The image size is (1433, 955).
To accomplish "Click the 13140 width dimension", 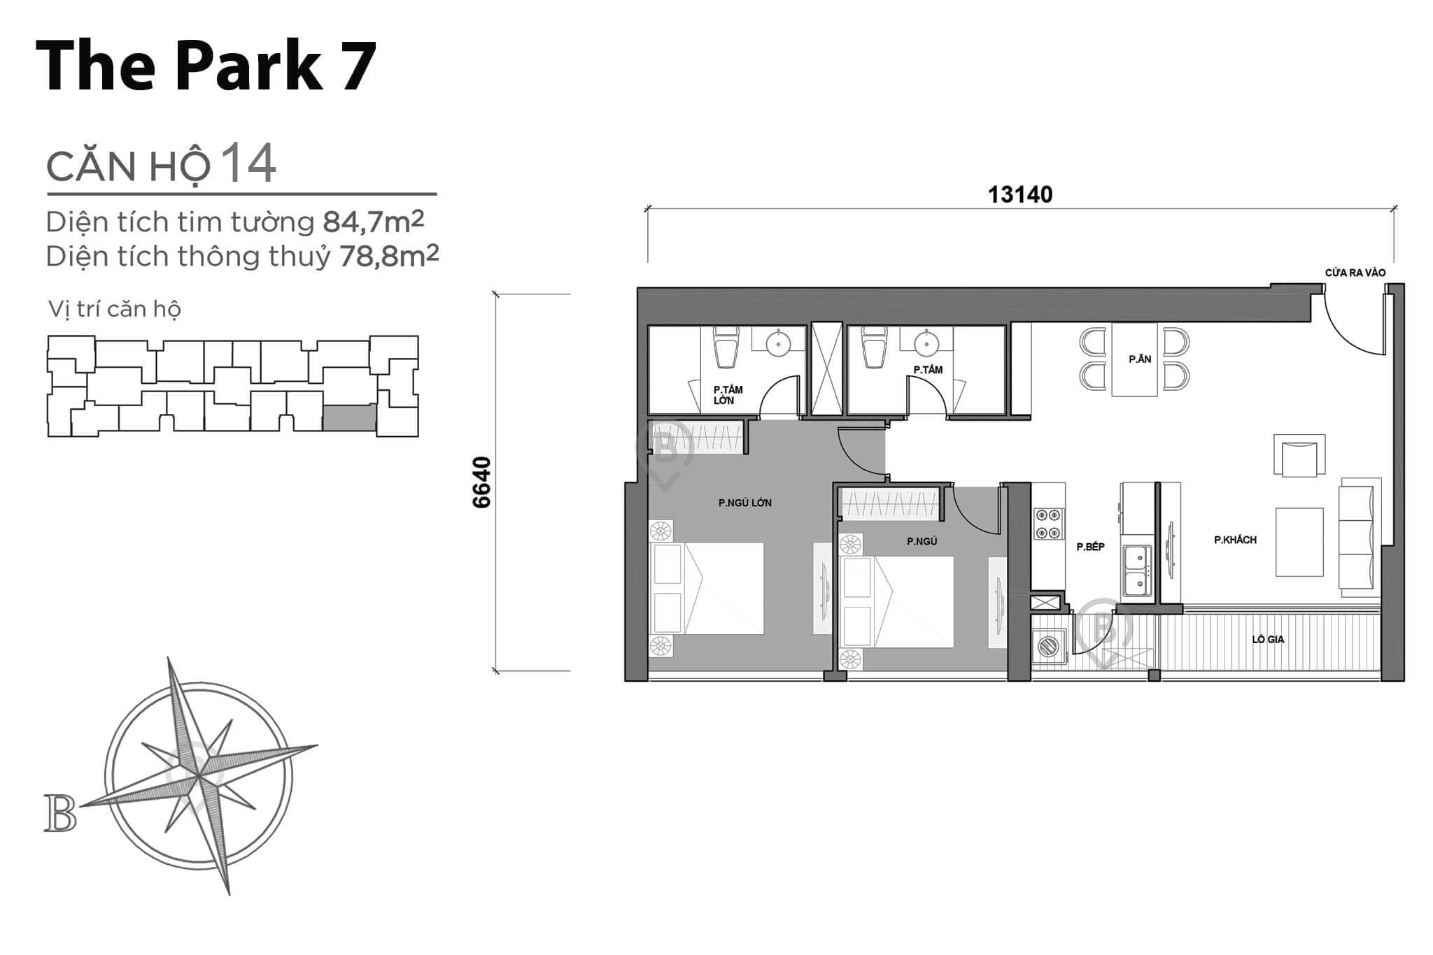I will coord(1019,194).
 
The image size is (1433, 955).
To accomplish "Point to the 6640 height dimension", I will coord(482,482).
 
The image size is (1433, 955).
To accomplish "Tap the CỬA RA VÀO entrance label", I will coord(1355,273).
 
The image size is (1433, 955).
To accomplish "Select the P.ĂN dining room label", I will coord(1140,359).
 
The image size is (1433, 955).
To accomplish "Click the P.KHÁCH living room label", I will coord(1235,540).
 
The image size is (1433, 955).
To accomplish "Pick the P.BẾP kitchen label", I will coord(1090,547).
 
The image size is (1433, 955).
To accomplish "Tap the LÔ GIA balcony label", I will coord(1268,639).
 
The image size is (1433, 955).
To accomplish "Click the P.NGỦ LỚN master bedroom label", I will coord(744,503).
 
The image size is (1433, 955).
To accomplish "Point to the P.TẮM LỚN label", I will coord(727,395).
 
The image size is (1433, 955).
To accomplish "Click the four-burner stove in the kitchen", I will coord(1047,524).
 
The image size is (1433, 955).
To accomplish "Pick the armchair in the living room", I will coord(1299,457).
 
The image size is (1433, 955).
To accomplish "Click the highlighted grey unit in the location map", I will coord(349,417).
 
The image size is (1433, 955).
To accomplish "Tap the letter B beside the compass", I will coord(60,813).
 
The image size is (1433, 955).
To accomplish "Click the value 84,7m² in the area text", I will coord(373,222).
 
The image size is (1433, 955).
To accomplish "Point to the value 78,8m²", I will coord(389,257).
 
